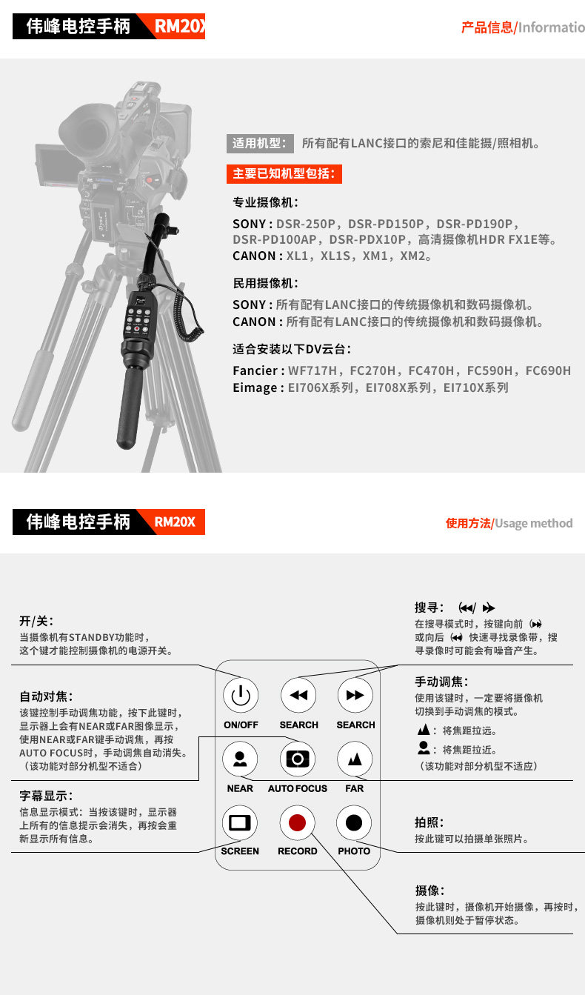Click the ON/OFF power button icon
coord(241,695)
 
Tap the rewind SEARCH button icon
coord(298,695)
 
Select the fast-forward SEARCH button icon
coord(355,695)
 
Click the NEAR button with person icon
coord(240,759)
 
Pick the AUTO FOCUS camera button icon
coord(298,759)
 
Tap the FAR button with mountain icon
coord(355,759)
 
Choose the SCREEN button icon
coord(240,822)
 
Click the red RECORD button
coord(297,822)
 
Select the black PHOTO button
coord(354,822)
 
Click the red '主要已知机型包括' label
coord(284,173)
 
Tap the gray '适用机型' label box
coord(260,144)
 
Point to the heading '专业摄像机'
coord(265,202)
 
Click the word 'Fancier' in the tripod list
coord(255,370)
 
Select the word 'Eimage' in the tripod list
coord(255,387)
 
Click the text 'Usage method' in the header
coord(533,523)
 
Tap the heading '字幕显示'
coord(46,796)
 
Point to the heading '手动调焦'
coord(441,682)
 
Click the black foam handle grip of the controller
coord(129,407)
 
